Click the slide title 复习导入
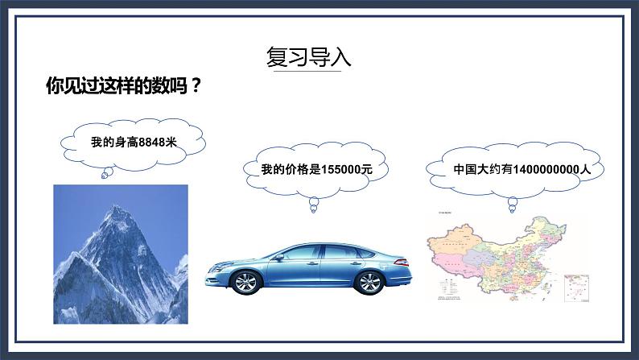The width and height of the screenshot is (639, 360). tap(309, 57)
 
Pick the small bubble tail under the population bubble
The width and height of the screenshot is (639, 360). tap(512, 205)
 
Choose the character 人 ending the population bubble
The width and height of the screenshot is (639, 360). tap(586, 170)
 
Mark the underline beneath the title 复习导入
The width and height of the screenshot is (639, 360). tap(309, 72)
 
